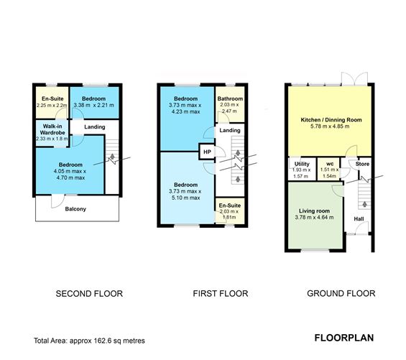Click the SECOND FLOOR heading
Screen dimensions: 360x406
click(x=89, y=293)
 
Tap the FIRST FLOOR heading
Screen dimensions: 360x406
click(x=220, y=293)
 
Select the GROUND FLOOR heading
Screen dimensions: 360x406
click(x=341, y=293)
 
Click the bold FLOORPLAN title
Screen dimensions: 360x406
click(x=343, y=337)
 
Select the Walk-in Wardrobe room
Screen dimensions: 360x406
click(x=52, y=132)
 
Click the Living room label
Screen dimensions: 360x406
click(x=314, y=211)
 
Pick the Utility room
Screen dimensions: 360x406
click(x=302, y=170)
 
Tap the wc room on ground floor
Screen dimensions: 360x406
click(x=328, y=170)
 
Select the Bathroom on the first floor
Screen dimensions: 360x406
click(x=231, y=105)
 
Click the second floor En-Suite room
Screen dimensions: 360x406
click(x=52, y=102)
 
